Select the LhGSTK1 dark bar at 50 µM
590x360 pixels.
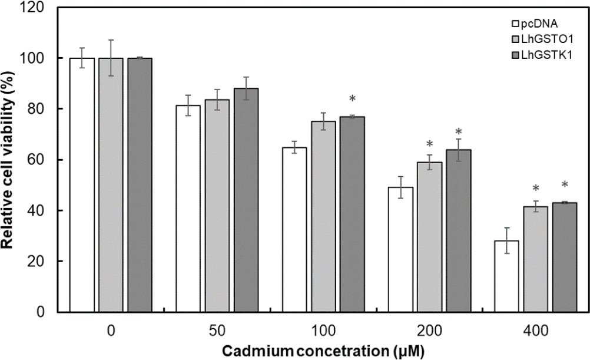(246, 200)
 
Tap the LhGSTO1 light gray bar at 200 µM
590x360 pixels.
(429, 237)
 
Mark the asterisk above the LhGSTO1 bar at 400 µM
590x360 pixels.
(536, 189)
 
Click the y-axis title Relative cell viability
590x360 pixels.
(12, 160)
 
